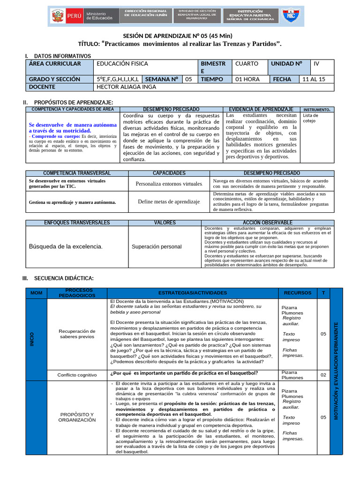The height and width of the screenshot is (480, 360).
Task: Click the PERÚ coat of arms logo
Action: (58, 17)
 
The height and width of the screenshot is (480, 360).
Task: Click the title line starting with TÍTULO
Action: (180, 44)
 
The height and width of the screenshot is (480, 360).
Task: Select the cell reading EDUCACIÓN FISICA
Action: (122, 64)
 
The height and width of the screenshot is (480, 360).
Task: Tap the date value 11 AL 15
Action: (314, 79)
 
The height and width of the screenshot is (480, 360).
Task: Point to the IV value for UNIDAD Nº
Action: (316, 64)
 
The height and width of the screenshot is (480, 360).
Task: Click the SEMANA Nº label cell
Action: (163, 79)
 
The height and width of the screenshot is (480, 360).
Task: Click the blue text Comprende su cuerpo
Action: (52, 136)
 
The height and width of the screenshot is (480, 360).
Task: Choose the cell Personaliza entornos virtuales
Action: (169, 184)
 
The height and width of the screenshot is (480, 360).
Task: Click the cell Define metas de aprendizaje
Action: (169, 202)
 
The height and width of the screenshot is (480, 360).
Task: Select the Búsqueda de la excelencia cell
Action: (66, 247)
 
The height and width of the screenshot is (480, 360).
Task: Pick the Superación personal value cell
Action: (156, 247)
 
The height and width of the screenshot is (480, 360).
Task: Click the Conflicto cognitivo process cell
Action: (77, 375)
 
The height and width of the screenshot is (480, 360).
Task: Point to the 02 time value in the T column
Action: (323, 375)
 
